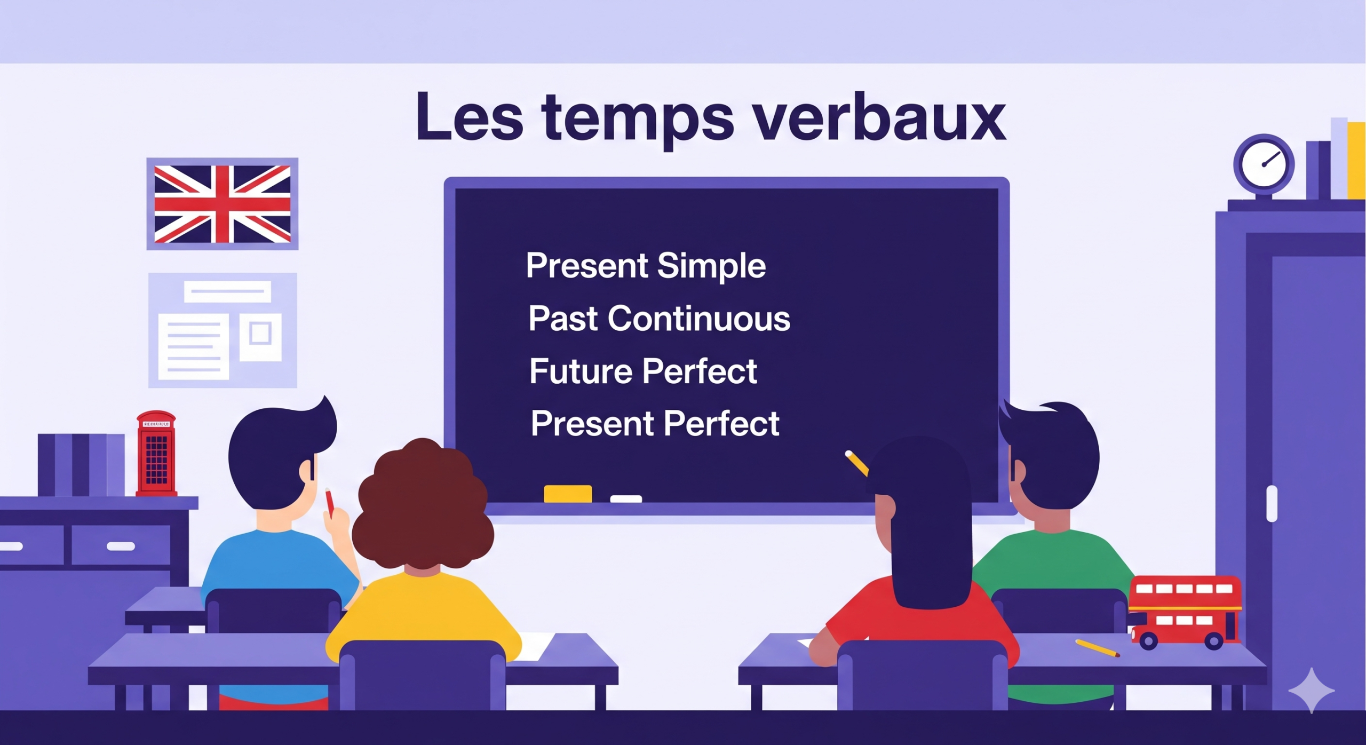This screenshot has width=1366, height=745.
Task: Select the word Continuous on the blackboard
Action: [699, 319]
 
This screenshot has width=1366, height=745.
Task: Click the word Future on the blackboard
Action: [581, 371]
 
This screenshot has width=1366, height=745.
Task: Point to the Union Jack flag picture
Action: [223, 204]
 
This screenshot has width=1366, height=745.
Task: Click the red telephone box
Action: [156, 453]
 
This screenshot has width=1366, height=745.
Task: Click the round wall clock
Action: [1264, 164]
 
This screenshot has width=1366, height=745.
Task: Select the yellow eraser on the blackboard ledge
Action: [568, 494]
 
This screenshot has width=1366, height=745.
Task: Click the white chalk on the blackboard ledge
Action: [626, 499]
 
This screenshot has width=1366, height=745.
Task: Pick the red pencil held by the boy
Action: [330, 503]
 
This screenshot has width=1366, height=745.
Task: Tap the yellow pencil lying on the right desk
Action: [1097, 648]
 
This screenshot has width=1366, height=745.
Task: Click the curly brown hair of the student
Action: [422, 504]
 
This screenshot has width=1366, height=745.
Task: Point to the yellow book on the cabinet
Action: [1356, 161]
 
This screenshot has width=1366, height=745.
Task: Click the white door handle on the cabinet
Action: [1272, 503]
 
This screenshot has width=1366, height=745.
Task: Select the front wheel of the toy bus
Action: [1214, 640]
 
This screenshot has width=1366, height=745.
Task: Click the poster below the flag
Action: [223, 330]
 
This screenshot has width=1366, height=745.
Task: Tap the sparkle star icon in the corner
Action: [1312, 690]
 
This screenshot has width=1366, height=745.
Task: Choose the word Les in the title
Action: [470, 117]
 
